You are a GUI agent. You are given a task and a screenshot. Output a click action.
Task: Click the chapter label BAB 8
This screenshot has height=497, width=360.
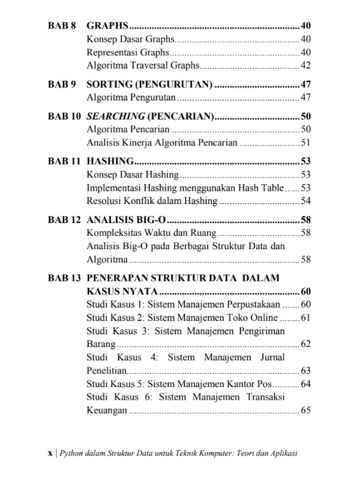(62, 26)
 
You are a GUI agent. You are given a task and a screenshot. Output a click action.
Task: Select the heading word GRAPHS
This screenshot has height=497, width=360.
(107, 26)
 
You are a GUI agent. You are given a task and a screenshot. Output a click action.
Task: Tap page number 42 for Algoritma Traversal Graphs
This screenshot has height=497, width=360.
(305, 65)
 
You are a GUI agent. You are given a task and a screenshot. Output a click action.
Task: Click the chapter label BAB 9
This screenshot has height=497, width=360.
(62, 84)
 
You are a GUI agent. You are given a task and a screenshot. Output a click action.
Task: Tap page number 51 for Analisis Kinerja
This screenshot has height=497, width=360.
(305, 143)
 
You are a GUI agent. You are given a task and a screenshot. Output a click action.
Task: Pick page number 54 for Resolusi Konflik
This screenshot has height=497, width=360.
(305, 201)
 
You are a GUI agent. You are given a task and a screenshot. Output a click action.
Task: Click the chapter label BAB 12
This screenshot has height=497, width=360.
(64, 220)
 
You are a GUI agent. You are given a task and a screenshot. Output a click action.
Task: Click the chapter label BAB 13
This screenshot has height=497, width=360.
(64, 278)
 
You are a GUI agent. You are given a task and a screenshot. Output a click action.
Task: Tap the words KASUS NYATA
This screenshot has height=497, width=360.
(121, 292)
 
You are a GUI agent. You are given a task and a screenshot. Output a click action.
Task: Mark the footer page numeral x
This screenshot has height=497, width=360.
(50, 454)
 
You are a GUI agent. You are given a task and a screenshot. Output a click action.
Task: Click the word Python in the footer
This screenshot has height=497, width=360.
(71, 454)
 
